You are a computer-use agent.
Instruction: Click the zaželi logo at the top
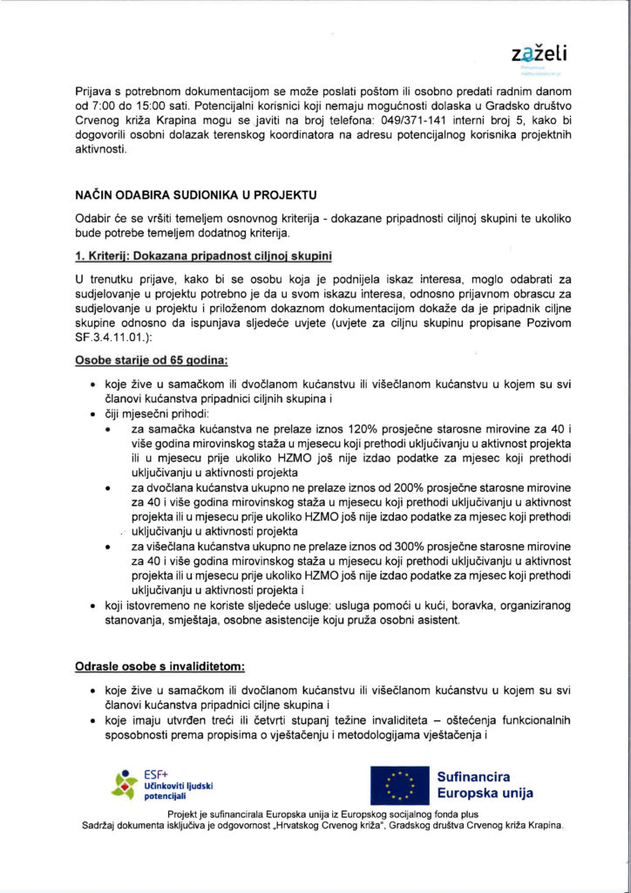(539, 54)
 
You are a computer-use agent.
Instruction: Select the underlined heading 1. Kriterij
(204, 256)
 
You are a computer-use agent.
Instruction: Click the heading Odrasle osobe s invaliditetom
(160, 667)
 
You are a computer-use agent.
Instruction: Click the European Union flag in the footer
(398, 785)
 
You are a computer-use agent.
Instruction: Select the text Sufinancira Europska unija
(485, 785)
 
